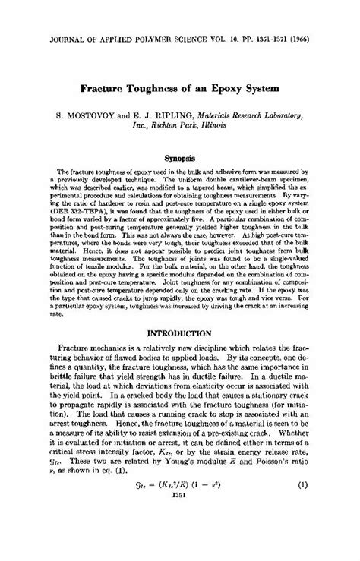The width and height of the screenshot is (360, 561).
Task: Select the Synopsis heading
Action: [x=180, y=159]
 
